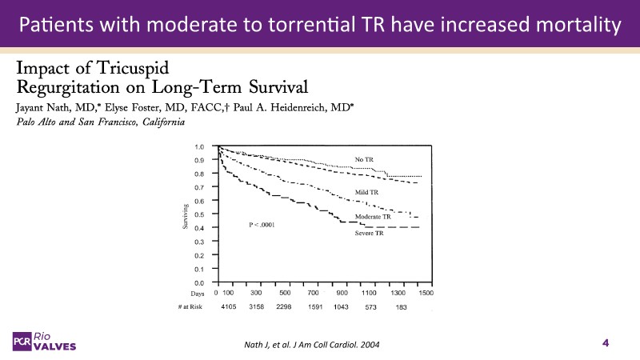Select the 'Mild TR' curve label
point(366,193)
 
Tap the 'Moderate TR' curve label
point(373,217)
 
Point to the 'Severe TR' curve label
point(369,233)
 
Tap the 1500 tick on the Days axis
point(426,294)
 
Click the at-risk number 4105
point(230,306)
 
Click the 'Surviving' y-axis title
point(185,214)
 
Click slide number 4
point(606,343)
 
